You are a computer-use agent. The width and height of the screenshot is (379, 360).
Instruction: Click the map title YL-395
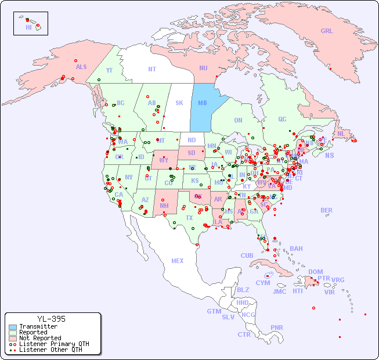coord(51,319)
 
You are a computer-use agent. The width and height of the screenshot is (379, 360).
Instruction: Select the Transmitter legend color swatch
coord(13,326)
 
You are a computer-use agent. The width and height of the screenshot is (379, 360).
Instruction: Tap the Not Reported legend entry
coord(39,338)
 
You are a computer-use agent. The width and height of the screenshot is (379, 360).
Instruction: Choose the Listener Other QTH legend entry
coord(49,350)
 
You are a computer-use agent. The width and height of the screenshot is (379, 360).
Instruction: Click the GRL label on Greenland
coord(327,31)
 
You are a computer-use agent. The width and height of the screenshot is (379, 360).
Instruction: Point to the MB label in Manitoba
coord(203,103)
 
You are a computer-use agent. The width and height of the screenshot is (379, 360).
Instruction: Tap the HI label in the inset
coord(28,27)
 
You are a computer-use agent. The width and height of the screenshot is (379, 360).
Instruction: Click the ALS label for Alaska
coord(81,67)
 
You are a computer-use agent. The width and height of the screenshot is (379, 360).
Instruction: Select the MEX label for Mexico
coord(178,261)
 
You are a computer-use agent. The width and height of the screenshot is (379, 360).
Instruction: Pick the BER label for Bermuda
coord(326,210)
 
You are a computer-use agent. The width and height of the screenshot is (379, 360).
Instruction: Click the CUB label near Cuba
coord(247,255)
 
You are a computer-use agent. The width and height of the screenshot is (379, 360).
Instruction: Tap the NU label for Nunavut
coord(203,68)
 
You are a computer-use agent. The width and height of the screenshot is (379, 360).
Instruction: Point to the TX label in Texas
coord(189,218)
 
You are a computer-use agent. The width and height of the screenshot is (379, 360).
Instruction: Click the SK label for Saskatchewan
coord(179,103)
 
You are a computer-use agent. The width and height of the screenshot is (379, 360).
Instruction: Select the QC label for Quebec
coord(282,120)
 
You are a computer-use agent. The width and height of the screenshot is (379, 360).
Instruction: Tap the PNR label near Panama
coord(277,327)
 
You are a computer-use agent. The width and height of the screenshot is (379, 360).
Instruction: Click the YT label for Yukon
coord(109,70)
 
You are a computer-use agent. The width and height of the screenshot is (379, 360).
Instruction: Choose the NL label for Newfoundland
coord(341,134)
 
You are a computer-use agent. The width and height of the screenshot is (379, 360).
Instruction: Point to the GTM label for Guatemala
coord(214,311)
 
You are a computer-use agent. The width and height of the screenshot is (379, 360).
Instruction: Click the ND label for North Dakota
coord(192,140)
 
